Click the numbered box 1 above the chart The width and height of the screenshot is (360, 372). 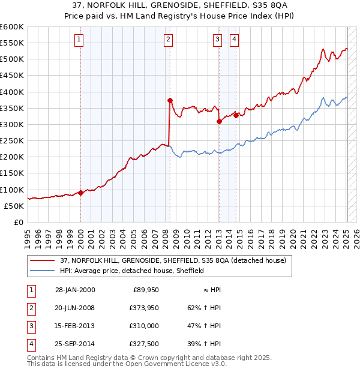point(79,40)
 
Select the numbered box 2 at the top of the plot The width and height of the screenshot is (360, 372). point(168,40)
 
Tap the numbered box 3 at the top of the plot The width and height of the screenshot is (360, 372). point(217,40)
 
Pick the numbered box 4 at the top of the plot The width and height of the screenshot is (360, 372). point(233,40)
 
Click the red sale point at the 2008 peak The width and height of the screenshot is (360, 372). point(170,100)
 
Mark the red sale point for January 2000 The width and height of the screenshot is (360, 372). point(80,193)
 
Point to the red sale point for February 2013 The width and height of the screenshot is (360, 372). point(219,121)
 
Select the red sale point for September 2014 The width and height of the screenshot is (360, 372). point(236,115)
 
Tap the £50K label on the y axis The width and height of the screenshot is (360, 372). point(14,206)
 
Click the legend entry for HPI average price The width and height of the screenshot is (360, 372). point(131,271)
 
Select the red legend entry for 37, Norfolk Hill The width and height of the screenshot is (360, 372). point(159,260)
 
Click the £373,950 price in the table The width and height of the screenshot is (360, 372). point(142,308)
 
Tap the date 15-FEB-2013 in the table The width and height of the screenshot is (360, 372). point(74,326)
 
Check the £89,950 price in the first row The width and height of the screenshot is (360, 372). point(145,290)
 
